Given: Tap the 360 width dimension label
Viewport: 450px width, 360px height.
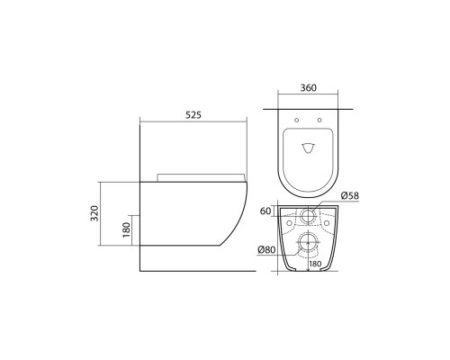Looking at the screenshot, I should tap(308, 89).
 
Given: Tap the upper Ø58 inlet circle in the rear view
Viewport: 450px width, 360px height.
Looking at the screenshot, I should tap(308, 215).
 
